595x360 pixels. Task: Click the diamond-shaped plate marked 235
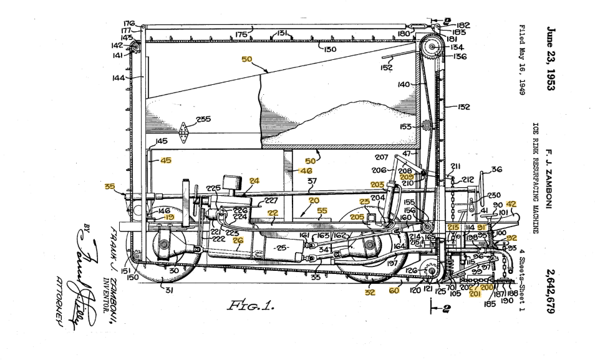pyautogui.click(x=185, y=132)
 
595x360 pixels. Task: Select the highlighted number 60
pyautogui.click(x=394, y=290)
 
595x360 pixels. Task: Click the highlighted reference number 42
pyautogui.click(x=511, y=204)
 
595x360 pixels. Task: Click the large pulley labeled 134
pyautogui.click(x=430, y=47)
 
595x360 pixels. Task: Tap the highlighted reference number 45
pyautogui.click(x=165, y=160)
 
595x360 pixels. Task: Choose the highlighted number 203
pyautogui.click(x=377, y=184)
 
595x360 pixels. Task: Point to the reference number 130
pyautogui.click(x=329, y=49)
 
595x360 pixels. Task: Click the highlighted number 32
pyautogui.click(x=370, y=291)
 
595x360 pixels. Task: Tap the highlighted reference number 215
pyautogui.click(x=453, y=228)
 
